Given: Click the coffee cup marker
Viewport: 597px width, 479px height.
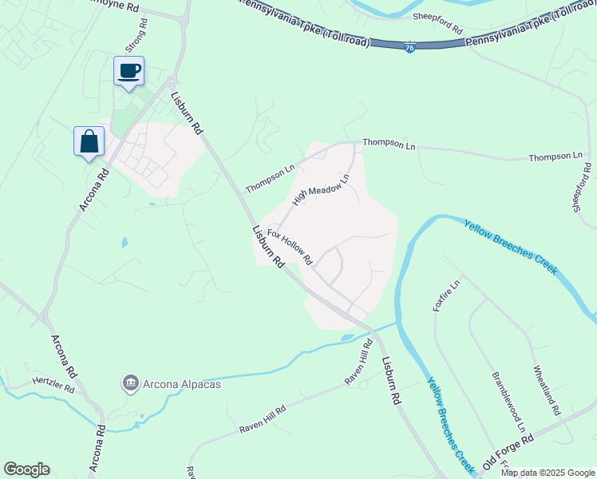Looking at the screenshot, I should (x=128, y=71).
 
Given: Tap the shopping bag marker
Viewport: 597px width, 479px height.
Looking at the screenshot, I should (x=89, y=141).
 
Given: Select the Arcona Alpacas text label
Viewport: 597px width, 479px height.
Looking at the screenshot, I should (x=182, y=384).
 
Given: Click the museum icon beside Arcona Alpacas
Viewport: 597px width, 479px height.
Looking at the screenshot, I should (x=129, y=384).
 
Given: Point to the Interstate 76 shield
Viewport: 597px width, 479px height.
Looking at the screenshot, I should (x=409, y=48).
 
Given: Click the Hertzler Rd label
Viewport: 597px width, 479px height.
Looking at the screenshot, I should (x=53, y=386).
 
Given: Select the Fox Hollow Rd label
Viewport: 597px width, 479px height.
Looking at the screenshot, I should (x=289, y=247).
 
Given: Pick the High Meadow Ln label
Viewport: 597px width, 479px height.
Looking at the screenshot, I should (x=321, y=190).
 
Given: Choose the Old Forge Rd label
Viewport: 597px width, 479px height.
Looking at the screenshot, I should (x=506, y=453).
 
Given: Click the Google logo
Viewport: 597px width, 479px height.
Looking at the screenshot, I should (x=26, y=469).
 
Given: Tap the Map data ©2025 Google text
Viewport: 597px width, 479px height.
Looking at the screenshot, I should (x=548, y=473).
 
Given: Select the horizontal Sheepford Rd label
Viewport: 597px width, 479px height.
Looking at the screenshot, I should (x=437, y=22).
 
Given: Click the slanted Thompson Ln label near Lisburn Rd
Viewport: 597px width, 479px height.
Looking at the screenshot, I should (x=270, y=179).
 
